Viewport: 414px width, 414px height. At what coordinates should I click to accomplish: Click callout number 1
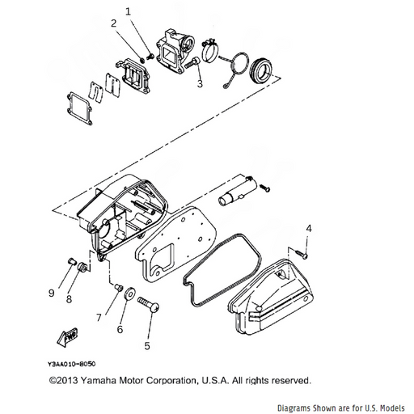coord(129,12)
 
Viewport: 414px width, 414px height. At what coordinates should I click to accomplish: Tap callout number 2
coord(114,23)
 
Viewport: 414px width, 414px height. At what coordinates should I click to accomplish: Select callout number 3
coord(200,83)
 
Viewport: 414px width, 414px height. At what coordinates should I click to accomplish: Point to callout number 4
coord(309,229)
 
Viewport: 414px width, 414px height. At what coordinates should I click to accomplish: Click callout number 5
coord(147,346)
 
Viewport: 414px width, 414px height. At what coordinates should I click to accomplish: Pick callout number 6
coord(120,329)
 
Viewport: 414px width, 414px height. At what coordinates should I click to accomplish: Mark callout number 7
coord(99,318)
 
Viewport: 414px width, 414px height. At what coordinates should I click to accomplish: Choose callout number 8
coord(69,298)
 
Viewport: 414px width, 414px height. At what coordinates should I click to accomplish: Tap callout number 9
coord(51,293)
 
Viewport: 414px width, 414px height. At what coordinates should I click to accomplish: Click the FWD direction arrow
coord(67,336)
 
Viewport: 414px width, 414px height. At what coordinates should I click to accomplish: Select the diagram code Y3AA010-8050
coord(72,364)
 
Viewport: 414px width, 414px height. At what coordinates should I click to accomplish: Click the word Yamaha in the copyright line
coord(99,380)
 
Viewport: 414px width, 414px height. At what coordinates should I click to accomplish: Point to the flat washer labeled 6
coord(129,294)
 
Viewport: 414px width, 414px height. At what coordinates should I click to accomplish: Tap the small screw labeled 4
coord(302,253)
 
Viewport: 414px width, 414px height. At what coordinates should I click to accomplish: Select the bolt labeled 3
coord(192,62)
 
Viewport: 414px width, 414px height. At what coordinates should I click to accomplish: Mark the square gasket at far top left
coord(79,108)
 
